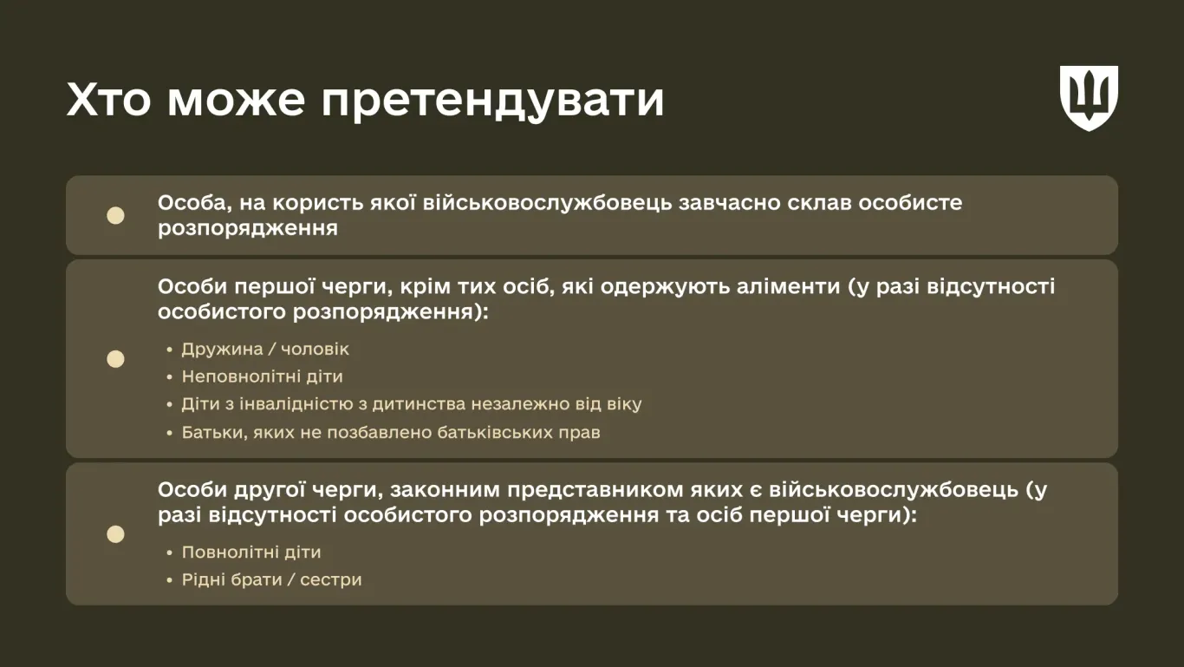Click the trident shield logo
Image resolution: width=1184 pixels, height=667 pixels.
[x=1089, y=98]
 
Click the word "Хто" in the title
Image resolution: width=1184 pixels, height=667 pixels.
[x=109, y=100]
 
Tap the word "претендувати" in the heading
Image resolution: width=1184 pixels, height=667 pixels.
[x=492, y=101]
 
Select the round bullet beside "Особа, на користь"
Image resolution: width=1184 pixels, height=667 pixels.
[x=115, y=215]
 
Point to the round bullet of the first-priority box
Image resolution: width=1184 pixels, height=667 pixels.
[x=115, y=358]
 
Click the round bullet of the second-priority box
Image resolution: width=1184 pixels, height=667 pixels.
[x=115, y=533]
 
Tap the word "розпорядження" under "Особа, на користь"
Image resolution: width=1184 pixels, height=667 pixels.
[x=247, y=229]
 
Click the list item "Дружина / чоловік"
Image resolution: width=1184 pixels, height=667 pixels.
[x=265, y=349]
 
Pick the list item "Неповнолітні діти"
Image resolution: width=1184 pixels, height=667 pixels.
[x=262, y=376]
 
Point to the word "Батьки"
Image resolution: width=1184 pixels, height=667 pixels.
[x=213, y=433]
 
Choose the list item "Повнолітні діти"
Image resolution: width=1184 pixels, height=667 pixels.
[x=251, y=553]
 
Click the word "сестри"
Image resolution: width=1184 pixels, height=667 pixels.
[x=331, y=580]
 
